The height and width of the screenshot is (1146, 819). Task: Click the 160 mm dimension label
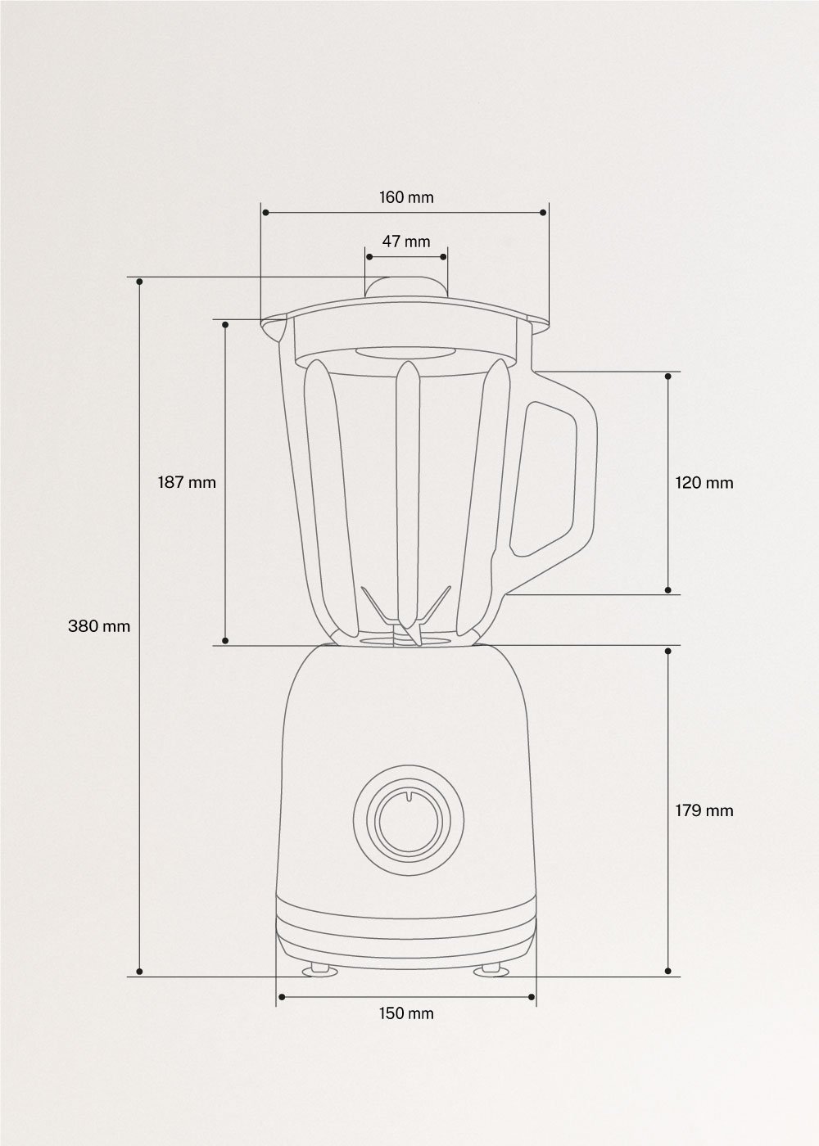pos(406,197)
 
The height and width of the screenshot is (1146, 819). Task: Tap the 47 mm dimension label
pos(406,241)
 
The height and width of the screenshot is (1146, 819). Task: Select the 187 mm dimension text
pos(187,482)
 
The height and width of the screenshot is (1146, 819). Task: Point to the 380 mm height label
pos(99,626)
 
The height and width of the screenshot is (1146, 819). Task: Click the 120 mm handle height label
pos(704,483)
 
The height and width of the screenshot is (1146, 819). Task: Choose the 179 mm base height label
pos(704,810)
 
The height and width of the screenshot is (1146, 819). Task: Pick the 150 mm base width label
pos(406,1013)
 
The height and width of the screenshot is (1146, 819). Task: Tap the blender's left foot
pos(318,969)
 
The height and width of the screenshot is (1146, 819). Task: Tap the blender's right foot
pos(491,969)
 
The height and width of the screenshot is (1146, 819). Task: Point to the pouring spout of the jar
pos(272,330)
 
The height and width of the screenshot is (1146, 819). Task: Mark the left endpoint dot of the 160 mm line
pos(265,213)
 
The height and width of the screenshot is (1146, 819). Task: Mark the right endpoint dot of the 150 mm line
pos(532,996)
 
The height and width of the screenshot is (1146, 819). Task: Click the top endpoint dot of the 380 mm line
pos(140,282)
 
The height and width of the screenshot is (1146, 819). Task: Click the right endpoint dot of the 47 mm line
pos(444,257)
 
